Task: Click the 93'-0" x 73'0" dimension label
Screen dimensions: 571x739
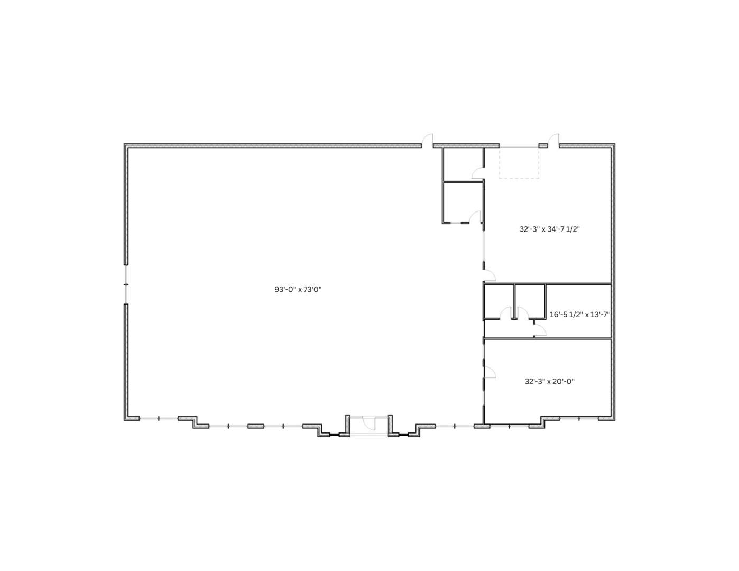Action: (298, 289)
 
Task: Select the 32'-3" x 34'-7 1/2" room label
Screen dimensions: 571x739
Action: (552, 229)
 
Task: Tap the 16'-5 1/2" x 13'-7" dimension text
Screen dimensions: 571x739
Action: (579, 314)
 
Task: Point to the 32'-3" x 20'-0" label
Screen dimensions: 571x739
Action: (549, 381)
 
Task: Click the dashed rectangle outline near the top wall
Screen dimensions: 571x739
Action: (519, 162)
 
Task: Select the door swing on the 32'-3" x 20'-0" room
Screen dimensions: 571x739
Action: (489, 372)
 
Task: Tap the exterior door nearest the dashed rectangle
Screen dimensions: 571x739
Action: (553, 140)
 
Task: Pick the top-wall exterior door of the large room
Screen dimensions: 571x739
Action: (427, 140)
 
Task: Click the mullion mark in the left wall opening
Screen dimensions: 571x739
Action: (126, 285)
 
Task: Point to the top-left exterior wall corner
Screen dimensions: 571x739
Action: (126, 145)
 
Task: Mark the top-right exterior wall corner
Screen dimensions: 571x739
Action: (614, 145)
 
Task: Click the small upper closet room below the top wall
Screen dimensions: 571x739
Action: (462, 164)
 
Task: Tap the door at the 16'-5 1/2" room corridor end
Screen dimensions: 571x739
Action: (540, 331)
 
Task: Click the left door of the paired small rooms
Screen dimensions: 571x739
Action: (511, 314)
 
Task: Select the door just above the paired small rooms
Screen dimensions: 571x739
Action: (489, 274)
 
